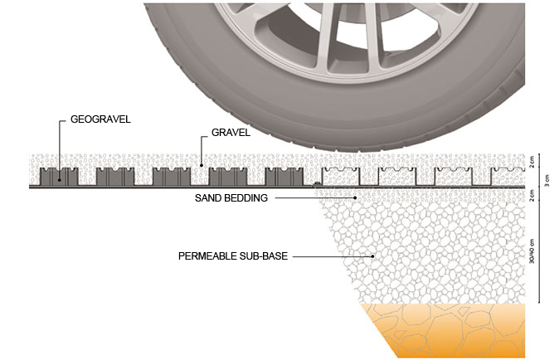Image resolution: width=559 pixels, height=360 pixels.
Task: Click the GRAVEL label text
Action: pos(230,131)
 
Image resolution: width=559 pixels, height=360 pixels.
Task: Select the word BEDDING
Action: pos(245,199)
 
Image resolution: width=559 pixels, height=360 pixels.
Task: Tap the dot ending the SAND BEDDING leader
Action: pos(357,197)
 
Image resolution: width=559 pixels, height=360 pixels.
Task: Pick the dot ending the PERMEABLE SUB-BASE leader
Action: pos(373,256)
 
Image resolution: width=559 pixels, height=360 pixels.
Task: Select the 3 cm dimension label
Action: pos(547,177)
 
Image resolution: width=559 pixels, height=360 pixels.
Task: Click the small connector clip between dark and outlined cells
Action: pos(316,184)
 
